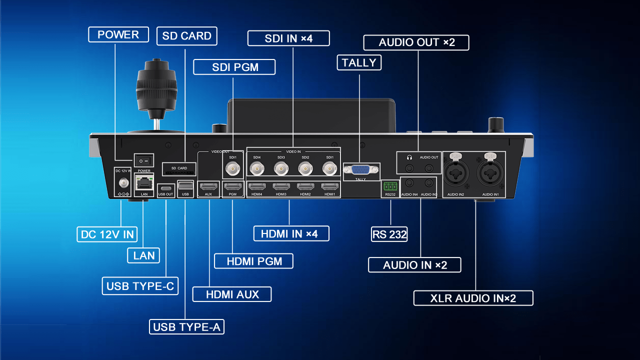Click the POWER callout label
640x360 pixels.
118,34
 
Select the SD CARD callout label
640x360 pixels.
186,36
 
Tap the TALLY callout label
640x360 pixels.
359,62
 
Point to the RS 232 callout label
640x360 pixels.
389,234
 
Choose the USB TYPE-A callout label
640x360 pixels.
187,327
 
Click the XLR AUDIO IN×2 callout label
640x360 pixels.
473,298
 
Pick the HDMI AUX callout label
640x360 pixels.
232,294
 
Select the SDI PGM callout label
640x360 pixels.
234,67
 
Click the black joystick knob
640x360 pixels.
156,85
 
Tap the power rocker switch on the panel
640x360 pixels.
144,161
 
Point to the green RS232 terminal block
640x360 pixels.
390,186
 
